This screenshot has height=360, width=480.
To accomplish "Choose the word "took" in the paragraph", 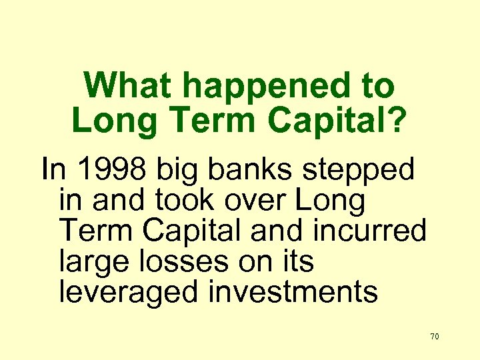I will point(167,200).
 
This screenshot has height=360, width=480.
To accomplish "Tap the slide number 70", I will point(435,337).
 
